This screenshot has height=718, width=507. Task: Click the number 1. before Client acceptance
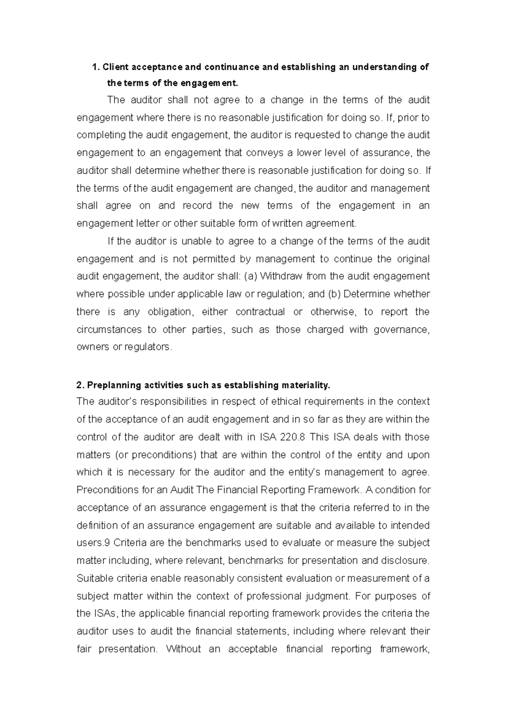click(96, 67)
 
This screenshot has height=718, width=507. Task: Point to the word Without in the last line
click(183, 649)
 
